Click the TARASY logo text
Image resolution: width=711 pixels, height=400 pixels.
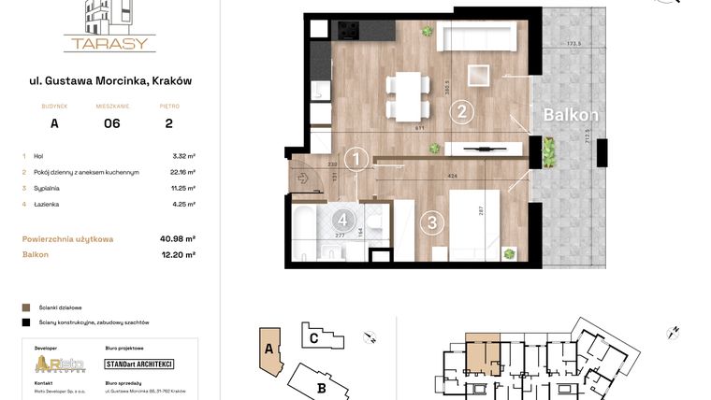point(109,43)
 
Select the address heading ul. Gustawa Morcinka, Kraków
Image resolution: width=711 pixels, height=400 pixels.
point(110,81)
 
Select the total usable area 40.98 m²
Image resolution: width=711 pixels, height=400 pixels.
point(178,239)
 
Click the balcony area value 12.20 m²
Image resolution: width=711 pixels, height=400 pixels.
point(178,254)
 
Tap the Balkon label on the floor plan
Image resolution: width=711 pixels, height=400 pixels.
point(571,115)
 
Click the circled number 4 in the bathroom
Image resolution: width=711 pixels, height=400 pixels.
point(344,221)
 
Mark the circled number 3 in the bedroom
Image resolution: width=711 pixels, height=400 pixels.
point(431,222)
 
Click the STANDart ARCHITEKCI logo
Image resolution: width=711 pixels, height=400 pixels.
point(139,364)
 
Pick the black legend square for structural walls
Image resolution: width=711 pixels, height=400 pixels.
point(26,321)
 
